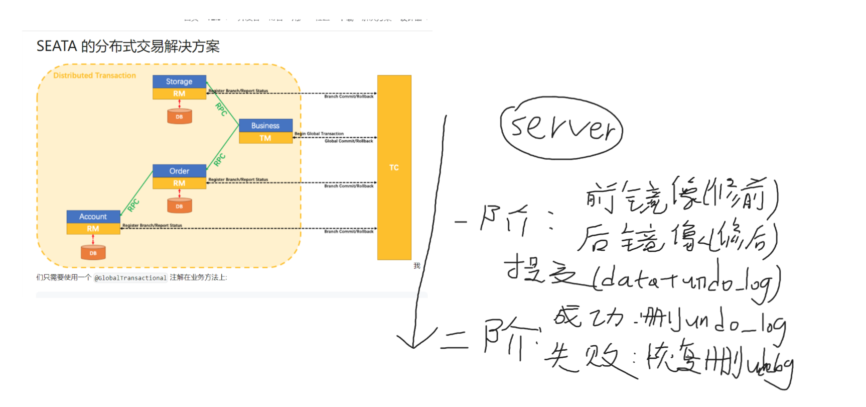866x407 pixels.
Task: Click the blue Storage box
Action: click(x=179, y=81)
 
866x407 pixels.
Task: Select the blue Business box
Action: click(x=265, y=126)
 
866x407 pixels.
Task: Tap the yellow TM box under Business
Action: click(x=265, y=138)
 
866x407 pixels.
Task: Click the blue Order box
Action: click(x=179, y=171)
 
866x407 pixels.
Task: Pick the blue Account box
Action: click(x=93, y=217)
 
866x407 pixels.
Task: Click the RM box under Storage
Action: click(x=179, y=93)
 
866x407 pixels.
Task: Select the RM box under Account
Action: click(x=93, y=229)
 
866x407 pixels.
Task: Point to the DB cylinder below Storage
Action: click(x=179, y=117)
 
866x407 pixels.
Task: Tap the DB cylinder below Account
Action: click(x=93, y=253)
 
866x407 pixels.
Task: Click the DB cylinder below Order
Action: click(x=179, y=206)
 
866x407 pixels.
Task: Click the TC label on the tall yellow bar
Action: click(x=394, y=167)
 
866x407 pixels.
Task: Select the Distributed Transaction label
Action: click(x=94, y=75)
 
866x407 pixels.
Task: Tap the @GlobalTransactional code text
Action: click(x=130, y=278)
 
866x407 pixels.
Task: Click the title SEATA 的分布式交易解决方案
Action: click(x=128, y=46)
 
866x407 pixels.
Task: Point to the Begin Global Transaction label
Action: click(x=319, y=134)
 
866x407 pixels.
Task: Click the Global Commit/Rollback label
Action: click(x=349, y=141)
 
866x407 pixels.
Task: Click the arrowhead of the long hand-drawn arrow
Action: click(x=413, y=344)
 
